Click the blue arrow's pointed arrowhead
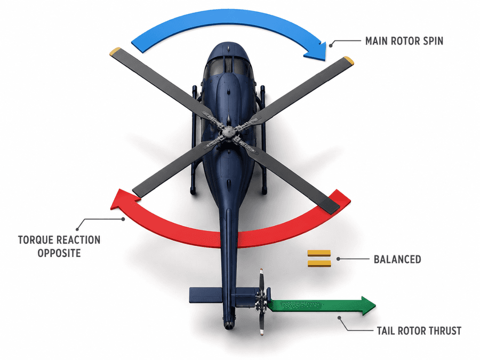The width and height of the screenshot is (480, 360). [317, 52]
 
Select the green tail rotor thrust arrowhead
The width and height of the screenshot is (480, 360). [368, 306]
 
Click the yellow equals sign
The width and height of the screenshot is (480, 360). [319, 258]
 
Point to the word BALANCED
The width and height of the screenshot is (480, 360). [397, 259]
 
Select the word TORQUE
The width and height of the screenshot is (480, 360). [36, 240]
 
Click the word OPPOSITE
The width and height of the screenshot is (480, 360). [59, 253]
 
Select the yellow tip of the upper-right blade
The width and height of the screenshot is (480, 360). [349, 60]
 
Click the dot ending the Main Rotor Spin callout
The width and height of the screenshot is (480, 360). [331, 45]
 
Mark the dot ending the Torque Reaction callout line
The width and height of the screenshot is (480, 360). [123, 219]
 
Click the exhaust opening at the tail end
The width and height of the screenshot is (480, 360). [228, 326]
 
